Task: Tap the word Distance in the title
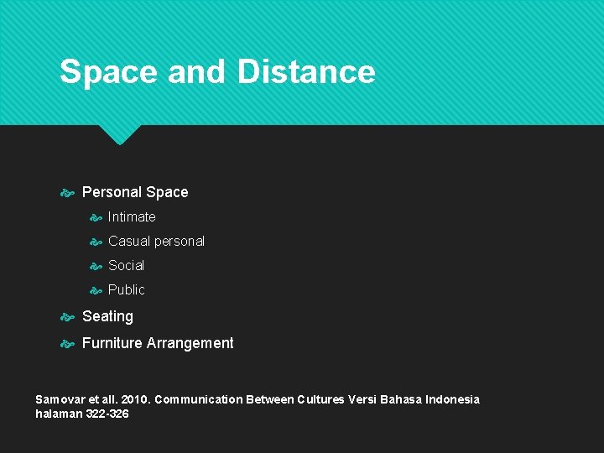306,72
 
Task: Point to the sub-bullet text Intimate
132,216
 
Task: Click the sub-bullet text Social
126,265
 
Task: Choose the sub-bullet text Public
126,289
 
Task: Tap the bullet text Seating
107,316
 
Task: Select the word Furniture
112,343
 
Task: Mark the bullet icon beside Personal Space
68,193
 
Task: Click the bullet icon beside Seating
68,317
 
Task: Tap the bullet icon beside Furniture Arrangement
68,344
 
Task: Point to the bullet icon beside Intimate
96,217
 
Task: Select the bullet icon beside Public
96,290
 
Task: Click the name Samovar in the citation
60,399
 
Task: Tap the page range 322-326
107,414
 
